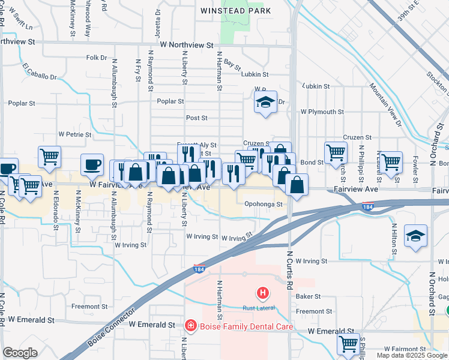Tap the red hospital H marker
click(x=262, y=293)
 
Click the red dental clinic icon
click(x=190, y=326)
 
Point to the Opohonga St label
click(x=264, y=204)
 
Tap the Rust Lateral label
click(x=259, y=308)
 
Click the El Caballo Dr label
click(x=40, y=71)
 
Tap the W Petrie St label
click(x=74, y=135)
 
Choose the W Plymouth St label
click(x=322, y=112)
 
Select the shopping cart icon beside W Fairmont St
click(x=348, y=344)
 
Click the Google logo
click(x=20, y=353)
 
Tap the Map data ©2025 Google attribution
click(x=412, y=355)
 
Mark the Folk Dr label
click(x=96, y=58)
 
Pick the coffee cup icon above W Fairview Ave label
click(x=92, y=164)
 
